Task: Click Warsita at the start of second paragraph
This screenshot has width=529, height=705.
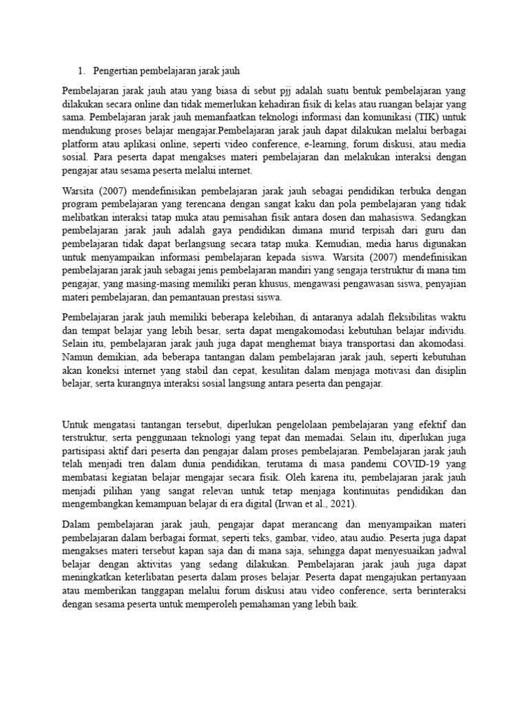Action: [79, 189]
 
